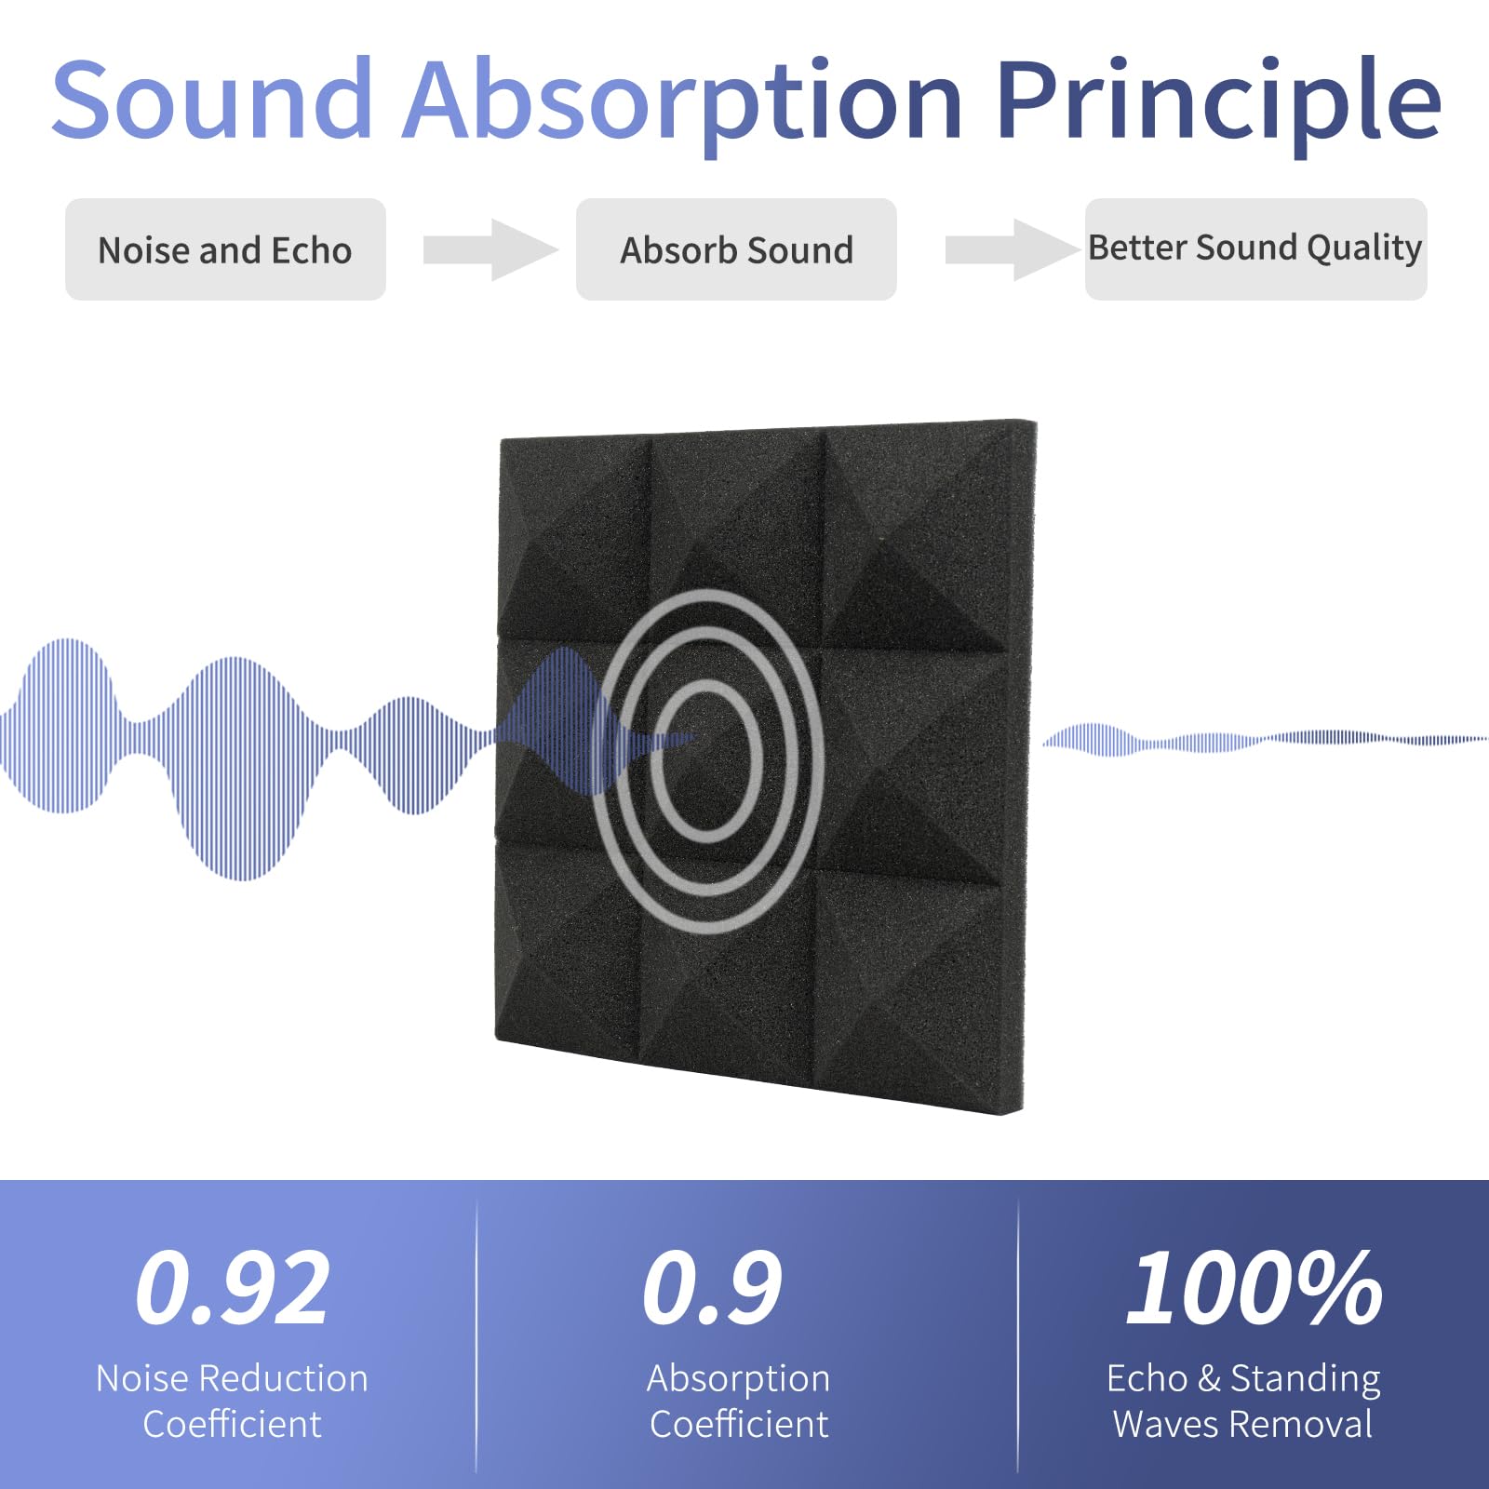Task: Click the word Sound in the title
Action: pyautogui.click(x=212, y=99)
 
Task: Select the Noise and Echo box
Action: pyautogui.click(x=225, y=249)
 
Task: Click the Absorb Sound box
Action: pyautogui.click(x=736, y=249)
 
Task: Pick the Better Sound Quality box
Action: pyautogui.click(x=1255, y=248)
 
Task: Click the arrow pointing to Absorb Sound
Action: pyautogui.click(x=490, y=249)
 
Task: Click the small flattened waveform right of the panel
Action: pyautogui.click(x=1256, y=740)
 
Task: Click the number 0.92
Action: pyautogui.click(x=233, y=1289)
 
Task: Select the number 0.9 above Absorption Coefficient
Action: pyautogui.click(x=713, y=1289)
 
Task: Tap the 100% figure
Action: pyautogui.click(x=1254, y=1289)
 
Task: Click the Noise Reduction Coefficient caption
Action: pyautogui.click(x=233, y=1401)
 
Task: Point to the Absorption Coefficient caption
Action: pyautogui.click(x=739, y=1401)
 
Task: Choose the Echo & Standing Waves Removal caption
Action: pyautogui.click(x=1243, y=1401)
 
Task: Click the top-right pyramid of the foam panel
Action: pyautogui.click(x=926, y=540)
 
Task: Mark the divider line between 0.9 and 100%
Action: pyautogui.click(x=1018, y=1335)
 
